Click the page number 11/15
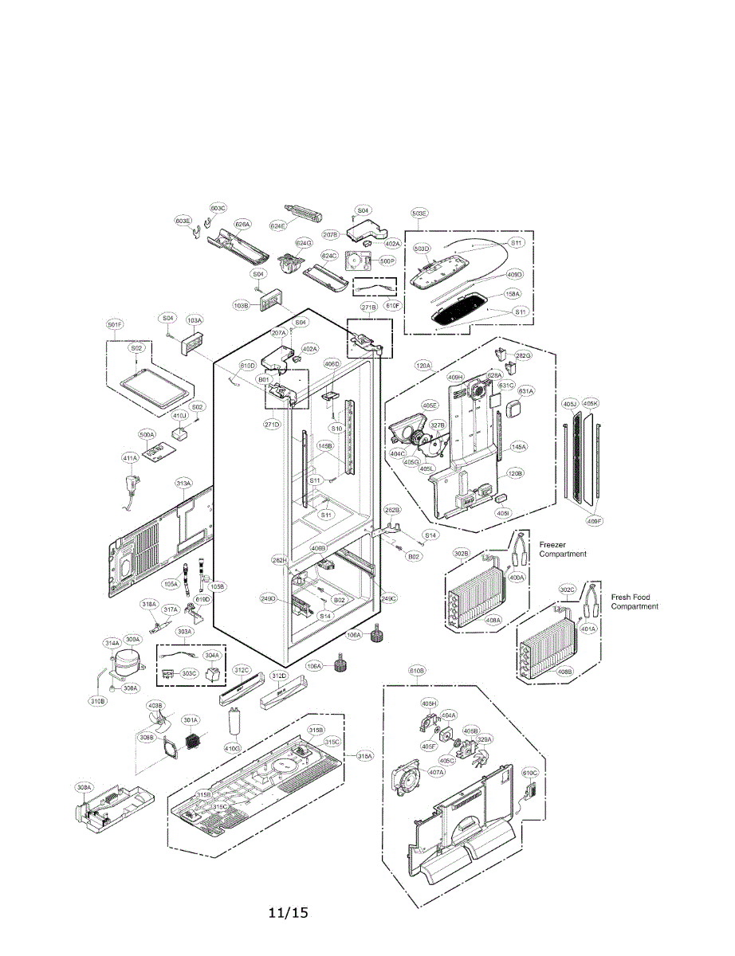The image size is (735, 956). pos(288,912)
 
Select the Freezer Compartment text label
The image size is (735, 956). pos(563,549)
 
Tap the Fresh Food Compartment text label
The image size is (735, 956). pos(635,601)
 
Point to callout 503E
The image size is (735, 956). pos(419,214)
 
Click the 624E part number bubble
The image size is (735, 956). pos(277,225)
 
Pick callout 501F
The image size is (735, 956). pos(115,324)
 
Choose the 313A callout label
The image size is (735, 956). pos(183,484)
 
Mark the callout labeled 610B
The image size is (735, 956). pos(417,671)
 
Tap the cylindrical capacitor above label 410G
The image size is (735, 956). pos(234,723)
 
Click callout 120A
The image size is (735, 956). pos(423,366)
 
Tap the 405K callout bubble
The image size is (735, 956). pos(590,403)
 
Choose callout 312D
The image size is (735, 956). pos(277,676)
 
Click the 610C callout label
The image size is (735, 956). pos(530,772)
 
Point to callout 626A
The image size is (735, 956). pos(242,225)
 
